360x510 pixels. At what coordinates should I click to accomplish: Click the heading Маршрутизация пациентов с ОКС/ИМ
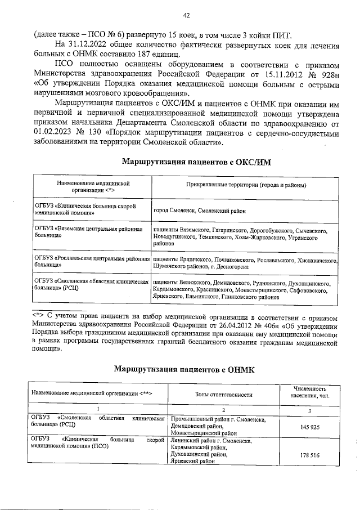(196, 162)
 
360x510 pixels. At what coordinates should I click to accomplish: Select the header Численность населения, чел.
(310, 392)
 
